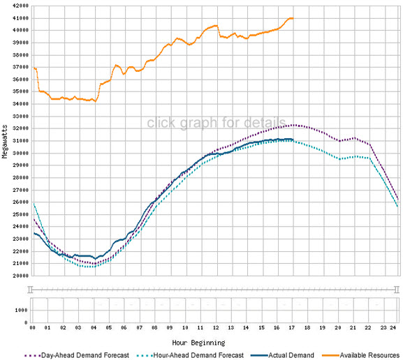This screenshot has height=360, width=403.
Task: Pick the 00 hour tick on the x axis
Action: pos(33,327)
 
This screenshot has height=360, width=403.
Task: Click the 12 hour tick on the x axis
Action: pos(216,327)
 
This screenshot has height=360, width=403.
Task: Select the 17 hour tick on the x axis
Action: pos(292,327)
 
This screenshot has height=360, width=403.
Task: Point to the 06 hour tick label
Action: pos(124,327)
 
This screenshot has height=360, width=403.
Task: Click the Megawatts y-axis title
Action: pos(6,140)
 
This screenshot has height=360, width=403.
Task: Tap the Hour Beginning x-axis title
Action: pos(200,343)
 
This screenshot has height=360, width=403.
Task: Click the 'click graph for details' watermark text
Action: pos(216,123)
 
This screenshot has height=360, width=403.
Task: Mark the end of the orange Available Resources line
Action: pos(292,18)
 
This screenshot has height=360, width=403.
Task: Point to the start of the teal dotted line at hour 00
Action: pos(33,203)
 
